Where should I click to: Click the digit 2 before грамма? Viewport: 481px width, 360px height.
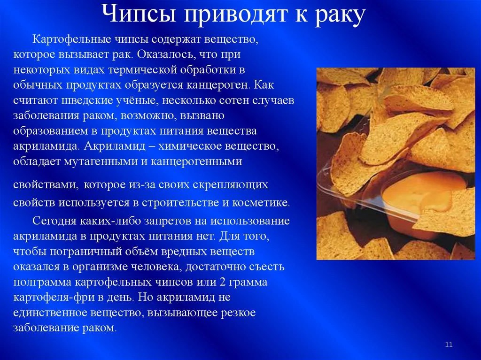point(223,282)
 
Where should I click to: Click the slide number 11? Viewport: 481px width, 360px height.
point(449,344)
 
